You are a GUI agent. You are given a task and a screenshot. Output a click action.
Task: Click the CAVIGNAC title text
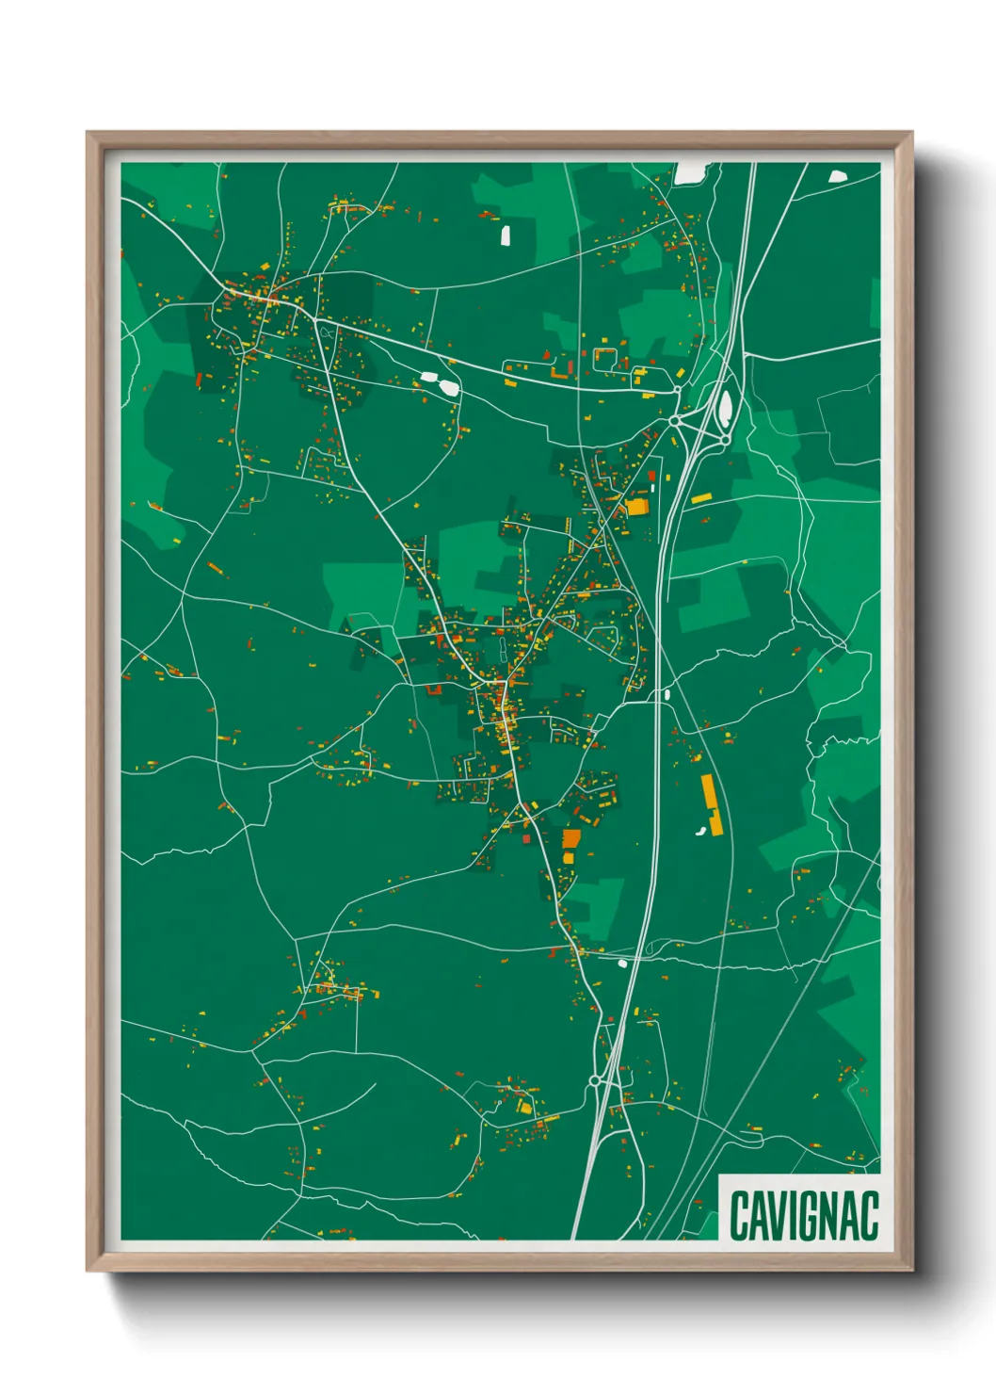(x=803, y=1216)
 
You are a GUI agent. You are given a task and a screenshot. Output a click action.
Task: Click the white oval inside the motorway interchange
(x=725, y=408)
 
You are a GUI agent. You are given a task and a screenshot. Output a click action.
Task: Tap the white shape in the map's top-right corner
(x=837, y=174)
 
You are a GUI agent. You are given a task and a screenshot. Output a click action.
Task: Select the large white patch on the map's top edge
(x=690, y=172)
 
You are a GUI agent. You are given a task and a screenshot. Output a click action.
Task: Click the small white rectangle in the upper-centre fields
(x=506, y=235)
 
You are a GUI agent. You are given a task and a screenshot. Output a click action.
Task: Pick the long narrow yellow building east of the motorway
(x=711, y=804)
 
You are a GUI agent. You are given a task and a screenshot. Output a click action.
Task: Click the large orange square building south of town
(x=571, y=838)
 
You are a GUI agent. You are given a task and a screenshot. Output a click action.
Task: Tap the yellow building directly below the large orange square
(x=569, y=857)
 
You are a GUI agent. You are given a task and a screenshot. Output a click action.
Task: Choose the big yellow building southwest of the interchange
(x=637, y=507)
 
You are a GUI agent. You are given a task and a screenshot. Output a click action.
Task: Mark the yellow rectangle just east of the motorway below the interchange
(x=701, y=498)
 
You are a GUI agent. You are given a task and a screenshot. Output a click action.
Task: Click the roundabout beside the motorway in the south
(x=595, y=1080)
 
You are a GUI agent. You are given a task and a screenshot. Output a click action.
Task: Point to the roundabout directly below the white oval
(x=725, y=440)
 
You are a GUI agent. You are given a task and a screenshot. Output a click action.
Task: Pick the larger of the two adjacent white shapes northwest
(x=447, y=386)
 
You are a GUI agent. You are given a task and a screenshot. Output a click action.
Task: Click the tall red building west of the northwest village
(x=199, y=380)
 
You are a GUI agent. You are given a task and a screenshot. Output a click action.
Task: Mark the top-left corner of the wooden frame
(x=88, y=134)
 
